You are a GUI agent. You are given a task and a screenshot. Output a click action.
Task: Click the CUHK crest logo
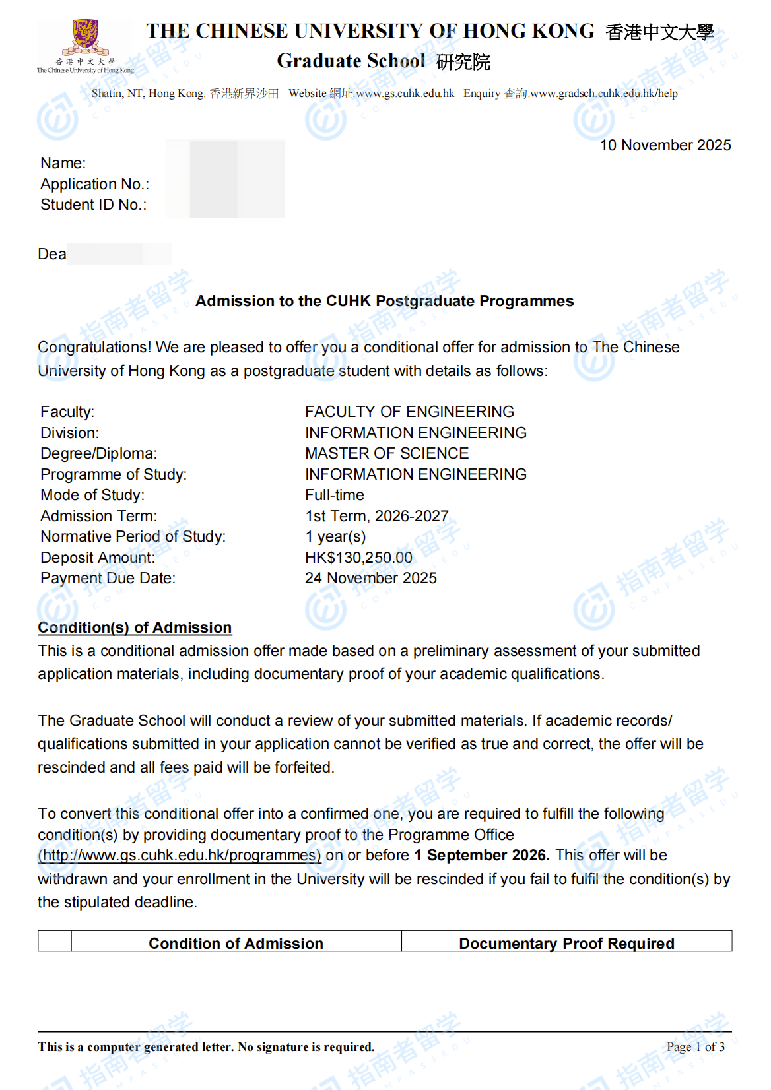[x=85, y=38]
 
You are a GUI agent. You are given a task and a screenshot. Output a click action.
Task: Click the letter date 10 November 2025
[x=665, y=145]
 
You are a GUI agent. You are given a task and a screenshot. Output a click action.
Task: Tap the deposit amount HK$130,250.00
[x=358, y=558]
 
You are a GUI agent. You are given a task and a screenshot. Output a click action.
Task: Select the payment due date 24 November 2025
[x=370, y=578]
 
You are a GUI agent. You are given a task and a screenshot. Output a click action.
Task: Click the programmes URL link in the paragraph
[x=180, y=855]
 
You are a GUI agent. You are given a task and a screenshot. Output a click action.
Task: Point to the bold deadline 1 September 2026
[x=481, y=855]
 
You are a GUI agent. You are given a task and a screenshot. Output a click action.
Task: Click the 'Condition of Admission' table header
[x=236, y=943]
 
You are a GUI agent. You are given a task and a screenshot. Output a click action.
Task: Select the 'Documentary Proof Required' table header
[x=566, y=943]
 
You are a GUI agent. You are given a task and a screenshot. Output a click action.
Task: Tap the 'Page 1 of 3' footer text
[x=695, y=1046]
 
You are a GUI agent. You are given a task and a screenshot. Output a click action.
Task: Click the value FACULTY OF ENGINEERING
[x=409, y=412]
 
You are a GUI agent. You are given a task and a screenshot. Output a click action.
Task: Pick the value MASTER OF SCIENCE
[x=387, y=453]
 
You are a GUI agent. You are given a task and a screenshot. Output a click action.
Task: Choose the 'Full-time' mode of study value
[x=335, y=495]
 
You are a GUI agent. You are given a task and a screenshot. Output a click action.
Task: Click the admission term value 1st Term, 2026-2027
[x=376, y=516]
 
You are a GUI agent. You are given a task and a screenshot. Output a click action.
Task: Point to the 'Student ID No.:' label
[x=93, y=205]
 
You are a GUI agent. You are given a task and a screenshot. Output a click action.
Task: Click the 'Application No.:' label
[x=94, y=184]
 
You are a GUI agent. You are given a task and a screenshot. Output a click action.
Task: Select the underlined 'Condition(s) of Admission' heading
[x=135, y=627]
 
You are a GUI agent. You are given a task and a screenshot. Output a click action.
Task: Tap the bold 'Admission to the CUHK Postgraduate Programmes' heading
[x=384, y=301]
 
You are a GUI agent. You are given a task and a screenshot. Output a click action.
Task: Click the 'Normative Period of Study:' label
[x=133, y=536]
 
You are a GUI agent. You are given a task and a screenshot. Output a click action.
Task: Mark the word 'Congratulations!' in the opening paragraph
[x=94, y=347]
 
